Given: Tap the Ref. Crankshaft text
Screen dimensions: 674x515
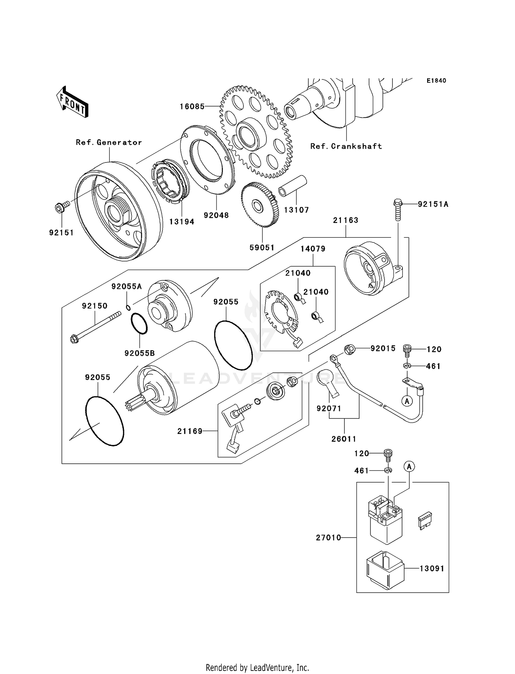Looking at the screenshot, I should pyautogui.click(x=346, y=146).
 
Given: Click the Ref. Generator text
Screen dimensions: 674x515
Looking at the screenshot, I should pyautogui.click(x=109, y=142).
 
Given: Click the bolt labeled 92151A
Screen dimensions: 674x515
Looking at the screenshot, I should pyautogui.click(x=397, y=209).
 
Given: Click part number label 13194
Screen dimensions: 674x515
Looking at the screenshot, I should pyautogui.click(x=182, y=222).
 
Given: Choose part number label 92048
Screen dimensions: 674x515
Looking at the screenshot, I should pyautogui.click(x=216, y=215).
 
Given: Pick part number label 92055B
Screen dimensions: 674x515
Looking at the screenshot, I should pyautogui.click(x=139, y=353).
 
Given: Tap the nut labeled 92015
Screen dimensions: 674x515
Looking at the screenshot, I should pyautogui.click(x=349, y=350).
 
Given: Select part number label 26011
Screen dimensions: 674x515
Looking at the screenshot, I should pyautogui.click(x=344, y=439).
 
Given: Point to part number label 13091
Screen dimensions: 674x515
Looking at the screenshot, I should pyautogui.click(x=432, y=569).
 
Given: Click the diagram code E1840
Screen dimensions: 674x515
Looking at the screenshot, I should pyautogui.click(x=436, y=81).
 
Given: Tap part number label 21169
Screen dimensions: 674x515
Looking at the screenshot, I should pyautogui.click(x=190, y=431).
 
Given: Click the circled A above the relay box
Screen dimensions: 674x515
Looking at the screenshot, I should pyautogui.click(x=409, y=467).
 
